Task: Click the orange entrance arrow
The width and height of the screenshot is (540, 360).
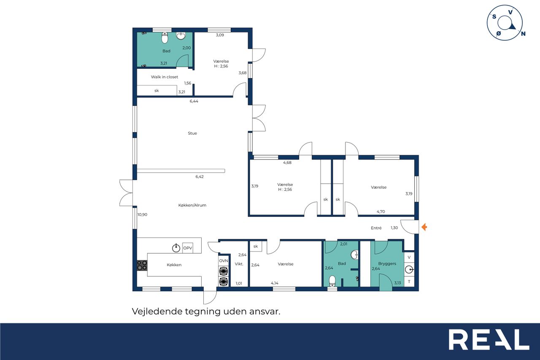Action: coord(424,227)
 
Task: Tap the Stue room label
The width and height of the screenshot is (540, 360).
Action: coord(192,133)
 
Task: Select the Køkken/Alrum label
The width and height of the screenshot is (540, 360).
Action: coord(192,205)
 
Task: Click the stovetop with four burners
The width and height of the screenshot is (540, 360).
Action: coord(142,265)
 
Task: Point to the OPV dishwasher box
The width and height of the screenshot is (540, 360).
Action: coord(188,248)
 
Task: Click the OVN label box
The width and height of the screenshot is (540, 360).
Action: coord(224,261)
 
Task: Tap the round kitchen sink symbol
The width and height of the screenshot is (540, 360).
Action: coord(176,248)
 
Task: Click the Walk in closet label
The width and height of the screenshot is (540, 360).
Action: coord(165,77)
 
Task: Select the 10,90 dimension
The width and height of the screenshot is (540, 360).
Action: coord(142,214)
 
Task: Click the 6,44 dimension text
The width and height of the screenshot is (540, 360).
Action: coord(194,101)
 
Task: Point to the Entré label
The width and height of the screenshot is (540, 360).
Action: coord(376,228)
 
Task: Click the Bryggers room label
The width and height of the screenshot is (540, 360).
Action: coord(387,264)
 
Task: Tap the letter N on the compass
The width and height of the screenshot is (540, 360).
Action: coord(523,34)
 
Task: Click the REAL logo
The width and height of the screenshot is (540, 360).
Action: coord(489,339)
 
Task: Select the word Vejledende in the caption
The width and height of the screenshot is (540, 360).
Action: coord(157,311)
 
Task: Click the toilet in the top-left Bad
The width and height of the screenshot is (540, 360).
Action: coord(165,38)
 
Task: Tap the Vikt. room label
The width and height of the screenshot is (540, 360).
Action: coord(239,264)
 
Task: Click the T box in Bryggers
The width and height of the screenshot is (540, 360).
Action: coord(409,282)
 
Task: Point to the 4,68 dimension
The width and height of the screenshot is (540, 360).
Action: coord(287,162)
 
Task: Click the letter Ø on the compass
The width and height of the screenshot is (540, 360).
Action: coord(499,33)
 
